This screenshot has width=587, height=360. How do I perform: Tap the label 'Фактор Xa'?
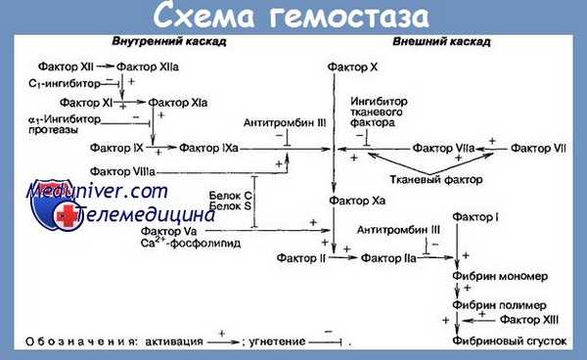coord(350,201)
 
